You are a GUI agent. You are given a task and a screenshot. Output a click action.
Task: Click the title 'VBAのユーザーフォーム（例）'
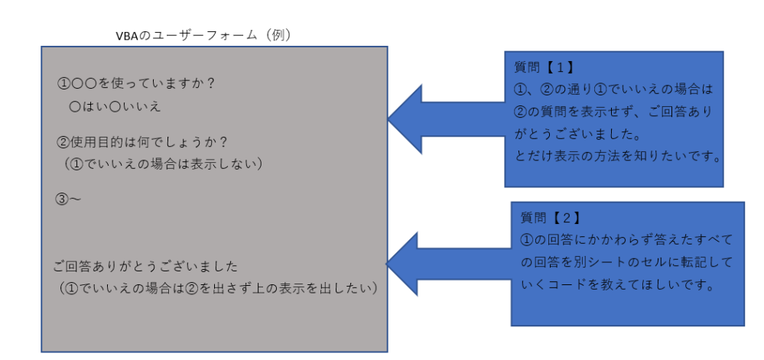202,35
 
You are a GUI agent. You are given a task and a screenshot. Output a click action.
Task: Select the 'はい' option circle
75,106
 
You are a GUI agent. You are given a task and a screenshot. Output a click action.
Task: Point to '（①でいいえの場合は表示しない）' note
164,164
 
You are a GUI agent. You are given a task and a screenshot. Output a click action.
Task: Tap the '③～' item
68,199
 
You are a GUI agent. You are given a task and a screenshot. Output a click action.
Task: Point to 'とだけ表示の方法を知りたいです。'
619,157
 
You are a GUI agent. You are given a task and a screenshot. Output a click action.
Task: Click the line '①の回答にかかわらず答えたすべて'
626,240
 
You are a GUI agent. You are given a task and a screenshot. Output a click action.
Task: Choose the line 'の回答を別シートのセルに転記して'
626,263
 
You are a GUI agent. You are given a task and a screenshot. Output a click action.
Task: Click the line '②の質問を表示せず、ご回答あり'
613,112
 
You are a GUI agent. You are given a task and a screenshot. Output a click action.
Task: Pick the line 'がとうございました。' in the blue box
577,135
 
